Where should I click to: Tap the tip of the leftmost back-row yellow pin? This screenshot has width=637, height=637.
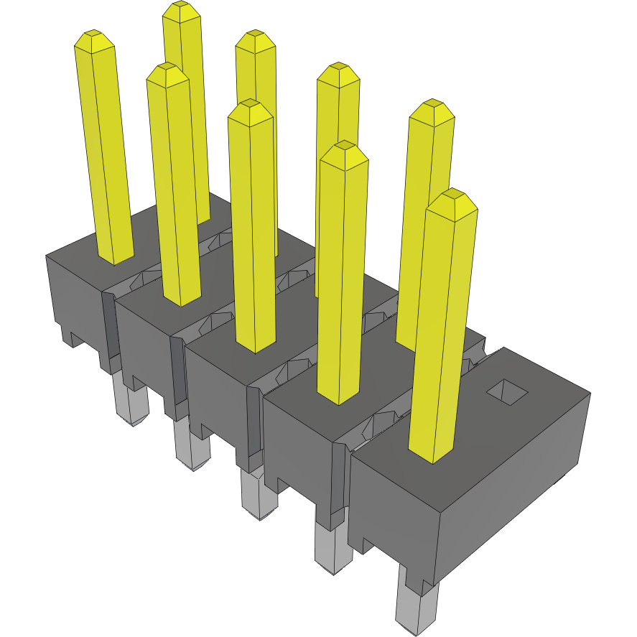180,9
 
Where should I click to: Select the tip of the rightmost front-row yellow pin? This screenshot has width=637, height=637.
452,196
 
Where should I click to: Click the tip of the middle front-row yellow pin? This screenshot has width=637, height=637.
249,107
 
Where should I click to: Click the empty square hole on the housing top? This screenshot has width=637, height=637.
507,389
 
